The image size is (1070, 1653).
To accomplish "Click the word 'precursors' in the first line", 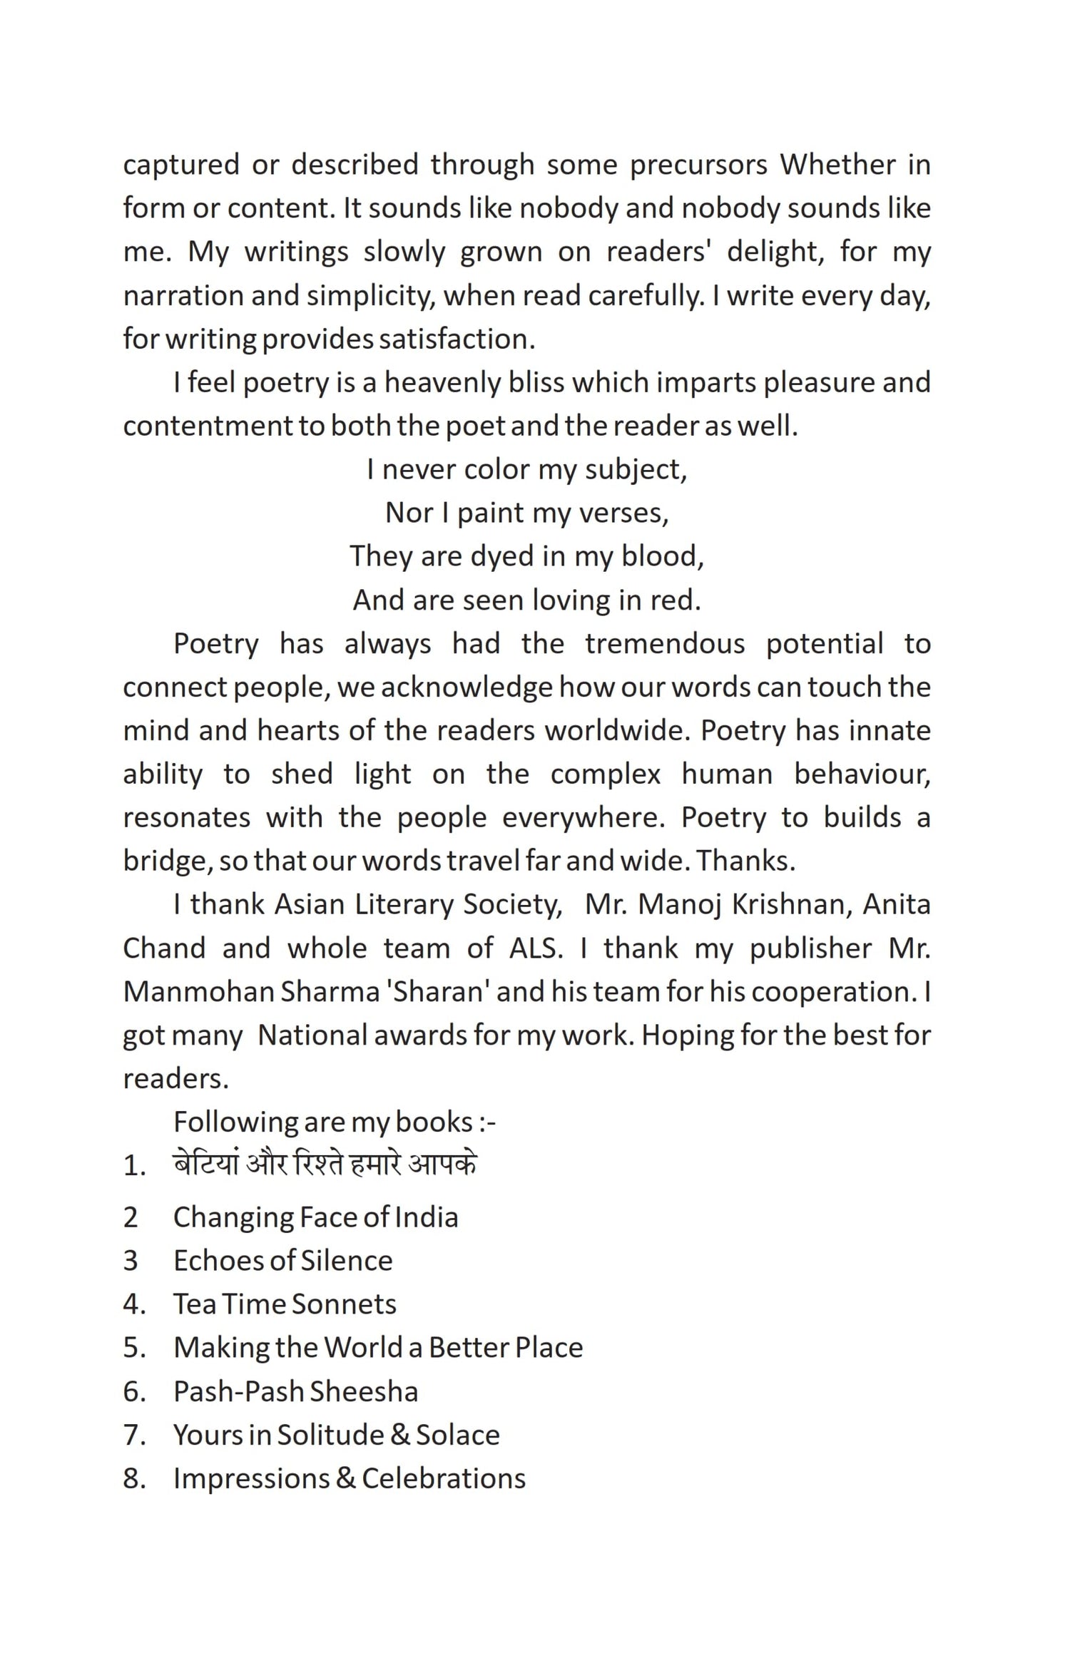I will (698, 165).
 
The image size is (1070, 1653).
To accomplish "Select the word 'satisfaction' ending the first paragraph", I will (455, 339).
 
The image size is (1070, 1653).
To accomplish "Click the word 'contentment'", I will (207, 426).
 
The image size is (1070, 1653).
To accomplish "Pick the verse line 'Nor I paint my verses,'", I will (527, 513).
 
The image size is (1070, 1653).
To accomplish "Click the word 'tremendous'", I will (665, 643).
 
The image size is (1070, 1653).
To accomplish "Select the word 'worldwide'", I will (613, 730).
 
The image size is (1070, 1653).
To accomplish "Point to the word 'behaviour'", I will (862, 774).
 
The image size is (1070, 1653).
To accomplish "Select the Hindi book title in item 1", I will (325, 1165).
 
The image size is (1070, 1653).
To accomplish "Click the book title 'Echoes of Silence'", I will (282, 1261).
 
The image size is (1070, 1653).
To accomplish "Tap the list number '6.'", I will (134, 1391).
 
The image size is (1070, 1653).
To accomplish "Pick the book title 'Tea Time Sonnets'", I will (285, 1304).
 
